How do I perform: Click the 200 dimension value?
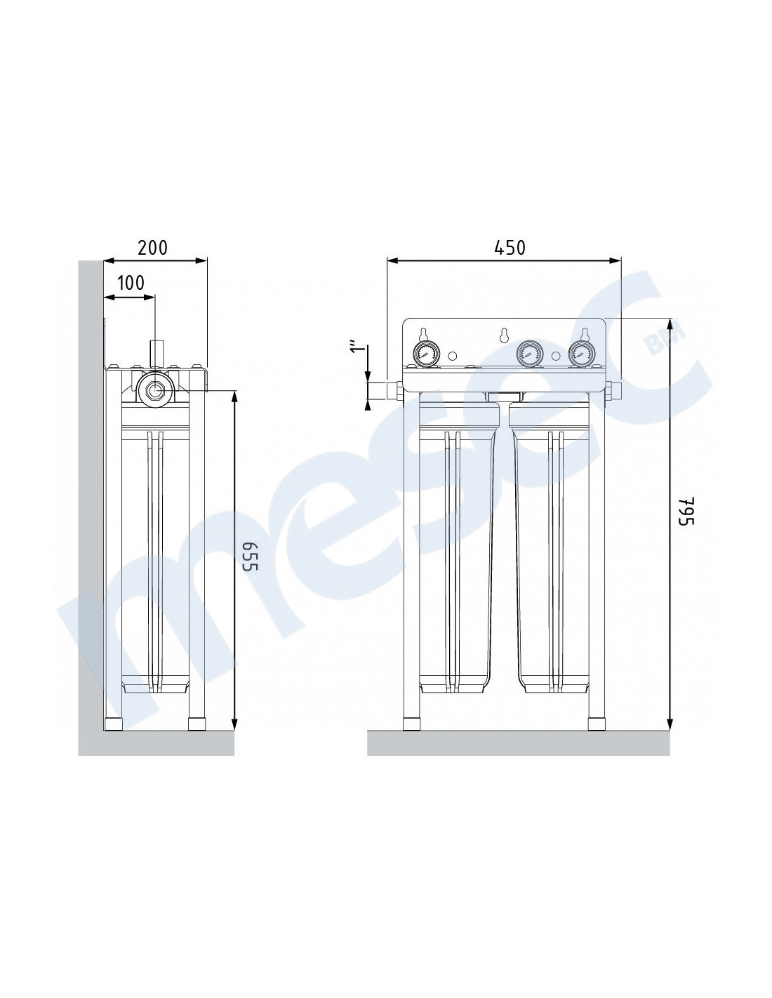[x=152, y=248]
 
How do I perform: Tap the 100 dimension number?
[x=131, y=283]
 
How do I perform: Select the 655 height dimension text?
[x=251, y=556]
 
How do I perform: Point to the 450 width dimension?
[x=510, y=248]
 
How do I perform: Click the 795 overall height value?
[x=686, y=510]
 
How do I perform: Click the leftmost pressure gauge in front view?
[x=427, y=353]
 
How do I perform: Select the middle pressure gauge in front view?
[x=529, y=353]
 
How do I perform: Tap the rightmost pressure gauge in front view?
[x=581, y=353]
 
